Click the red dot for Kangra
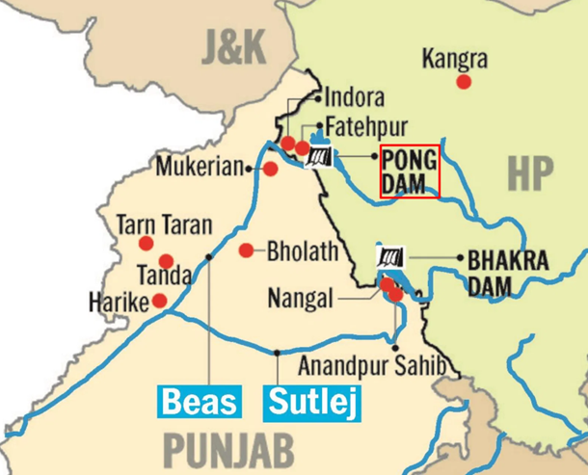pyautogui.click(x=464, y=82)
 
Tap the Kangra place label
pyautogui.click(x=455, y=60)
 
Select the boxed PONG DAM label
pyautogui.click(x=409, y=172)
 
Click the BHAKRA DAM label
pyautogui.click(x=508, y=272)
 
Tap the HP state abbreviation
pyautogui.click(x=530, y=174)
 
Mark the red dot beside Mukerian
pyautogui.click(x=271, y=169)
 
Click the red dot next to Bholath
pyautogui.click(x=247, y=251)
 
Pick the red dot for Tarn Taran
pyautogui.click(x=146, y=243)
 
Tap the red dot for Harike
pyautogui.click(x=160, y=301)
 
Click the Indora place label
pyautogui.click(x=355, y=98)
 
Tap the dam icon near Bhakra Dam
pyautogui.click(x=390, y=258)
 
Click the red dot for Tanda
pyautogui.click(x=166, y=261)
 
